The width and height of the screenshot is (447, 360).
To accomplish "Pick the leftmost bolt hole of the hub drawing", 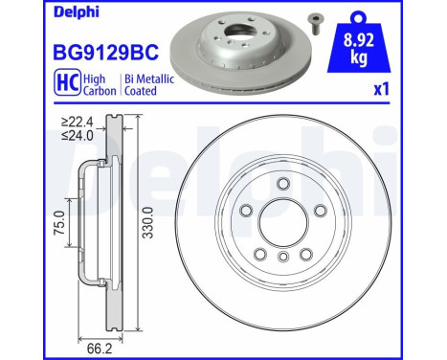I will tap(246, 213).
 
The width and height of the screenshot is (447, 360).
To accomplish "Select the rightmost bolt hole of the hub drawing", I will tap(319, 213).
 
